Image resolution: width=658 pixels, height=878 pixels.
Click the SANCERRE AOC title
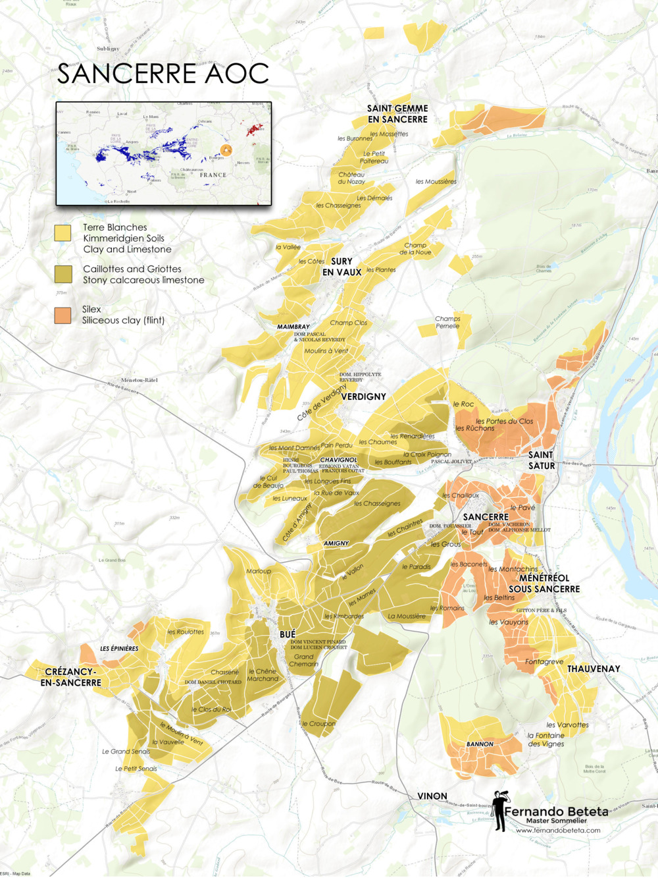tap(163, 74)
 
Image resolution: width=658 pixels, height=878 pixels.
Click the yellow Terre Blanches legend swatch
tap(63, 233)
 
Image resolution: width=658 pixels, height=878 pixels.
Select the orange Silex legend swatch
tap(63, 315)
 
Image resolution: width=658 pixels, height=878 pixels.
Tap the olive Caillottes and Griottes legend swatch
tap(63, 274)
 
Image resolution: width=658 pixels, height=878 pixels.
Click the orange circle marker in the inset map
tap(226, 151)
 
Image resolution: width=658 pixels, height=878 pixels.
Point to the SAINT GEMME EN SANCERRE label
tap(397, 114)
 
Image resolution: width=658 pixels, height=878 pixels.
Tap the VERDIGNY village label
tap(363, 397)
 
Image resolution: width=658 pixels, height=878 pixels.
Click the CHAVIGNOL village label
tap(338, 460)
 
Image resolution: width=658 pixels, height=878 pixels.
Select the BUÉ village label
tap(288, 634)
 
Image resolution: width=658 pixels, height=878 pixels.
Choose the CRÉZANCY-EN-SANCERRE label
tap(70, 677)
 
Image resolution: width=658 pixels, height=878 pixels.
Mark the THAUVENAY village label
tap(594, 669)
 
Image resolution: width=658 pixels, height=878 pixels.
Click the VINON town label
tap(432, 796)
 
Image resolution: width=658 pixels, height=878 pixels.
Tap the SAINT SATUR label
tap(541, 460)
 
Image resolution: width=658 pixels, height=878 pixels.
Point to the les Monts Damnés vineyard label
tap(294, 448)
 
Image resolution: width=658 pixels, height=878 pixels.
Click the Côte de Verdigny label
tap(322, 402)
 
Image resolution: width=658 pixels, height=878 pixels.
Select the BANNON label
tap(480, 744)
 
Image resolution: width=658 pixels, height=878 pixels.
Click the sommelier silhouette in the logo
tap(500, 810)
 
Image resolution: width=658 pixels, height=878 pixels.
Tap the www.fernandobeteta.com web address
tap(558, 831)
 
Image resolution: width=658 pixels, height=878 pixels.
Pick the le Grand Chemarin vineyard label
tap(303, 660)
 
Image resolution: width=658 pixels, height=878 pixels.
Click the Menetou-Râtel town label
tap(139, 380)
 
